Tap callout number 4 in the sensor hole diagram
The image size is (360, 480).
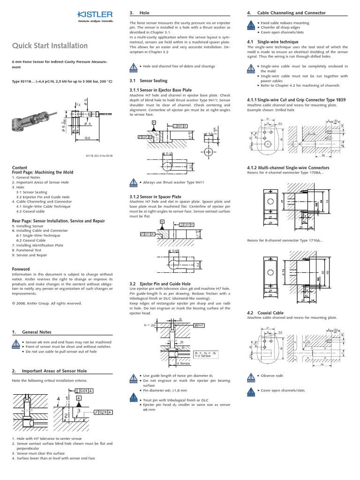coord(59,399)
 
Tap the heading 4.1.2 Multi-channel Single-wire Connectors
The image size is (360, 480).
coord(288,167)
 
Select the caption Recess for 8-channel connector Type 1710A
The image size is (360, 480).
coord(285,241)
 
